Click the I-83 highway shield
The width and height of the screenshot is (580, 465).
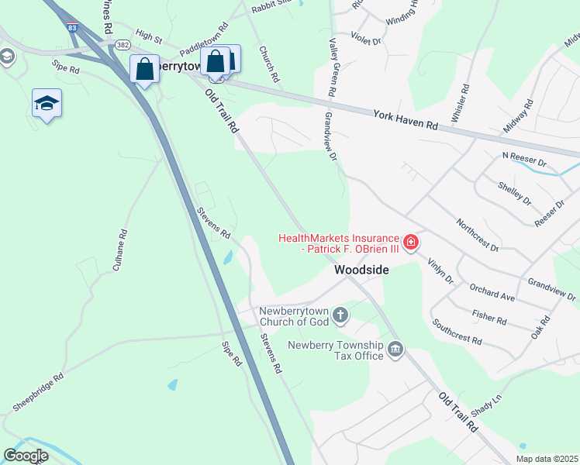pyautogui.click(x=72, y=28)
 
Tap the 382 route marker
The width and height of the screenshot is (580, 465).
pyautogui.click(x=123, y=46)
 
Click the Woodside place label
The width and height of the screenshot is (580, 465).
pyautogui.click(x=361, y=270)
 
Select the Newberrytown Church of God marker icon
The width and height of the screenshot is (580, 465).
pyautogui.click(x=340, y=315)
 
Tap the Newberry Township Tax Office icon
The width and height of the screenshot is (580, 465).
pyautogui.click(x=395, y=350)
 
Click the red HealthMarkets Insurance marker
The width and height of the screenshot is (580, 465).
pyautogui.click(x=410, y=243)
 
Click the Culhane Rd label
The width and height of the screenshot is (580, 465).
pyautogui.click(x=121, y=247)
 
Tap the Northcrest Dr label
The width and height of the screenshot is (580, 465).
pyautogui.click(x=477, y=234)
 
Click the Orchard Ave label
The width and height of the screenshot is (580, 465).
pyautogui.click(x=492, y=291)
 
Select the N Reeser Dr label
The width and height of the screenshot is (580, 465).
pyautogui.click(x=525, y=160)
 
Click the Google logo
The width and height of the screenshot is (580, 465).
pyautogui.click(x=26, y=456)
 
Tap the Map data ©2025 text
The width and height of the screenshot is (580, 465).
pyautogui.click(x=547, y=459)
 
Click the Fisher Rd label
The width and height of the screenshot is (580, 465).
pyautogui.click(x=489, y=315)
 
